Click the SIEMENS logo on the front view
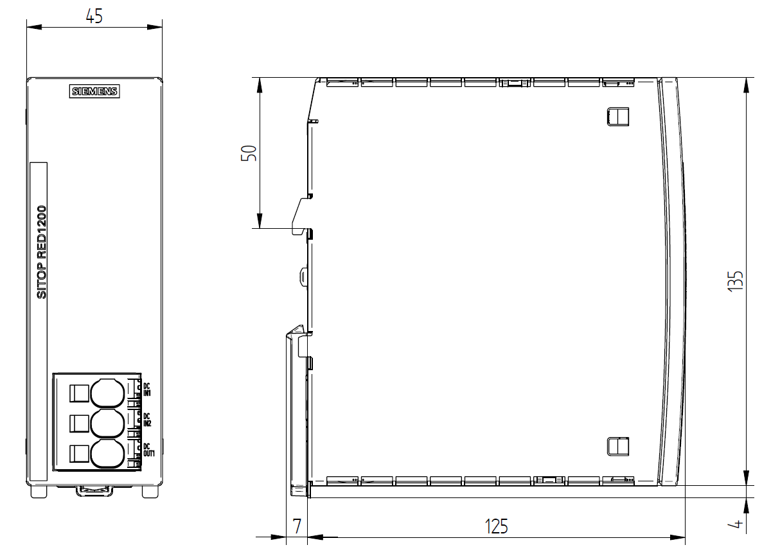(94, 91)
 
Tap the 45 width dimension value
(94, 16)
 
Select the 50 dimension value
(249, 153)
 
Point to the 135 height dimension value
(736, 281)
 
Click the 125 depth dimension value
(496, 526)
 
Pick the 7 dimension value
(297, 526)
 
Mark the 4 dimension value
(736, 523)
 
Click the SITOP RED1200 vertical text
(42, 252)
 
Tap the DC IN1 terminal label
(147, 389)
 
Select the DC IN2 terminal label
(147, 420)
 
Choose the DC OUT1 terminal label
(148, 450)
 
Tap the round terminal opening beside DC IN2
(107, 424)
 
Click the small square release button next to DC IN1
(79, 393)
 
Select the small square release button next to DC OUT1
(79, 454)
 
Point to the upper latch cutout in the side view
(617, 116)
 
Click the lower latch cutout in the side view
(617, 447)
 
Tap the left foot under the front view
(39, 492)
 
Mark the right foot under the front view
(150, 492)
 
